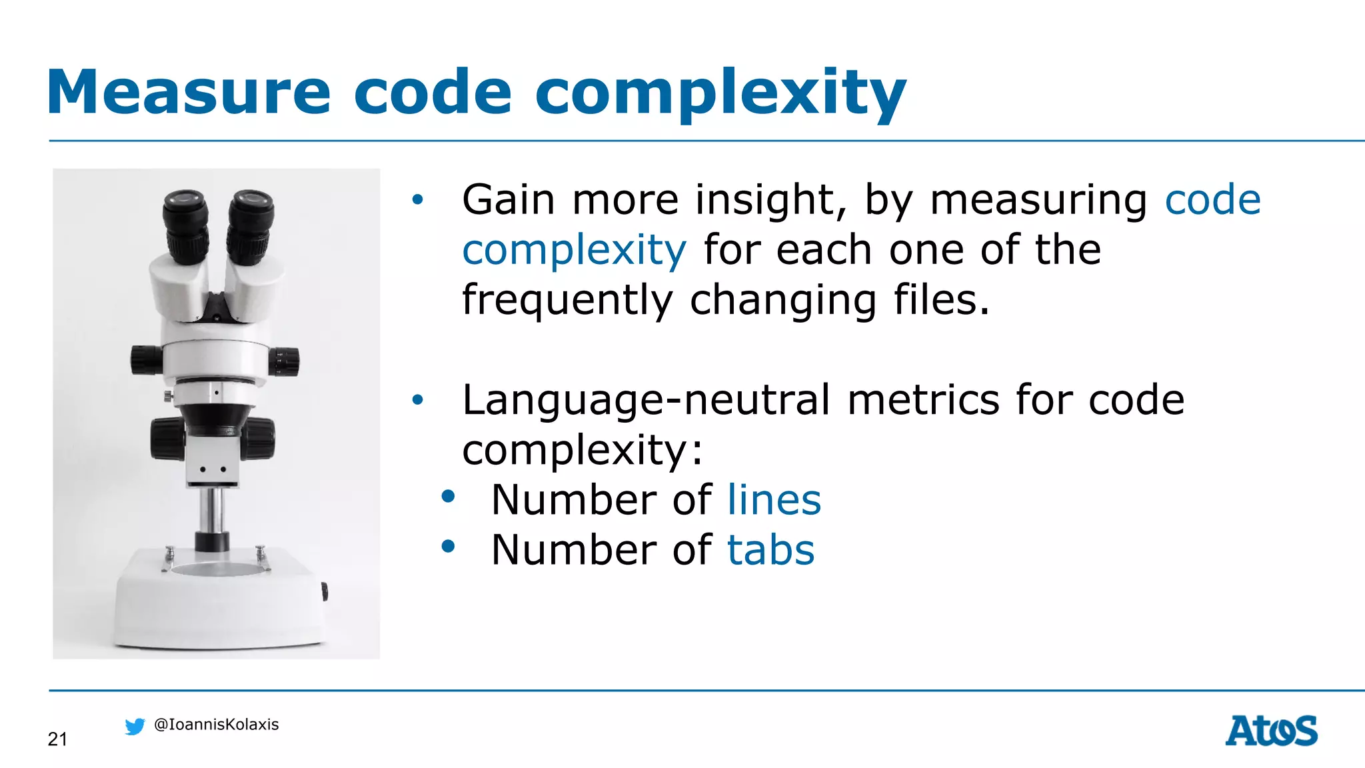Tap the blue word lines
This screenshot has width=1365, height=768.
click(774, 500)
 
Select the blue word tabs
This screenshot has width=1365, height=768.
click(770, 550)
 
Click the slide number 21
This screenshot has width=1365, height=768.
click(57, 739)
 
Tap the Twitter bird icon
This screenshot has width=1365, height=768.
click(135, 726)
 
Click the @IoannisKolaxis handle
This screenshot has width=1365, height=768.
click(216, 725)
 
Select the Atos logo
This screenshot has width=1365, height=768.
click(1271, 731)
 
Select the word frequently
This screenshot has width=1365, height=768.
click(567, 300)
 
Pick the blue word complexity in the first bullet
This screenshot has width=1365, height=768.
click(574, 250)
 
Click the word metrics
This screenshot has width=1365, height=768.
click(924, 400)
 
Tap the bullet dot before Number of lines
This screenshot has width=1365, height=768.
click(448, 497)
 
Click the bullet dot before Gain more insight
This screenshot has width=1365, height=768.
click(417, 199)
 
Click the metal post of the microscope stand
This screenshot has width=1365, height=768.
click(213, 510)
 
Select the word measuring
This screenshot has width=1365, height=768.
click(1038, 200)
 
